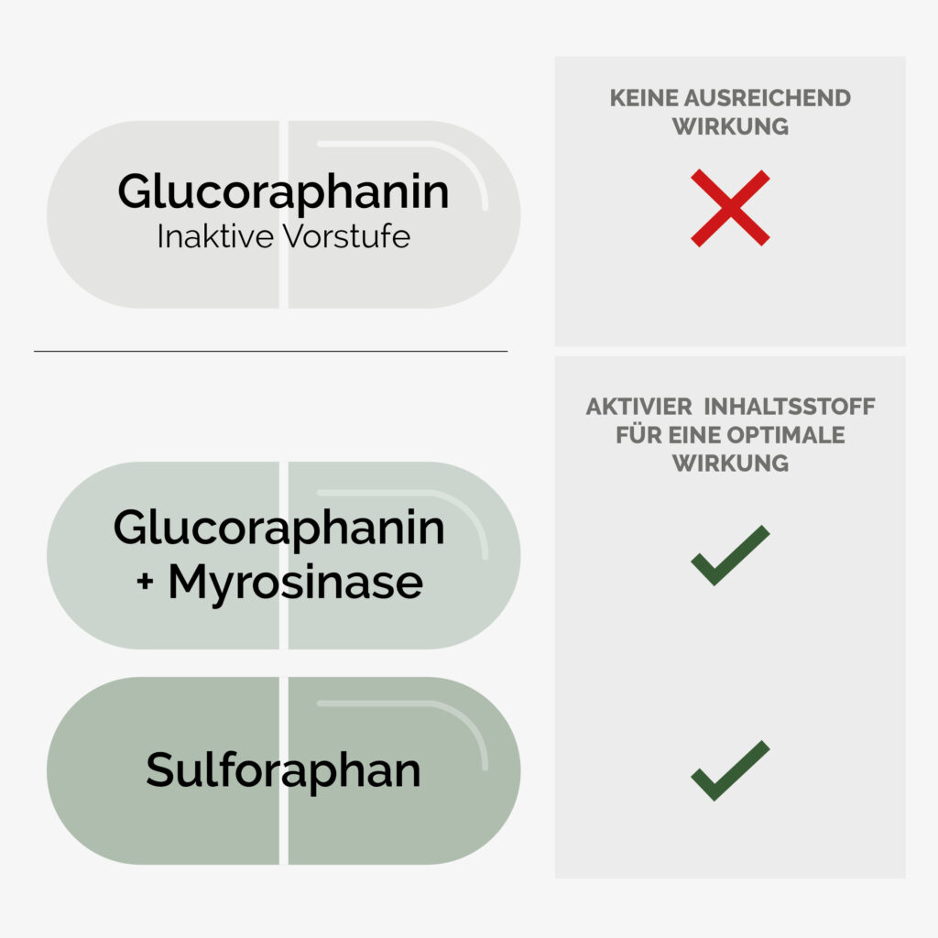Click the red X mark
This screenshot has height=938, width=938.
tap(730, 208)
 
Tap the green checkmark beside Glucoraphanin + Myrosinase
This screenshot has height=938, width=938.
tap(730, 555)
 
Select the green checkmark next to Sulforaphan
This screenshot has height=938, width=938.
tap(730, 770)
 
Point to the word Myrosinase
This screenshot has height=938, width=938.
tap(296, 583)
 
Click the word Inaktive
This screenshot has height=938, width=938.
tap(215, 236)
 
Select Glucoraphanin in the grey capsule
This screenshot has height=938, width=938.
tap(283, 192)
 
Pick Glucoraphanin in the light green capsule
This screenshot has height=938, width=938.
tap(278, 529)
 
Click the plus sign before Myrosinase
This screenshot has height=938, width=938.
tap(145, 580)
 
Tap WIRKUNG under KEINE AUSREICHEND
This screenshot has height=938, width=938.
tap(730, 126)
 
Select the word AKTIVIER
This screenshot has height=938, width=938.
tap(638, 407)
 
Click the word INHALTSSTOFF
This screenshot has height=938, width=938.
tap(789, 407)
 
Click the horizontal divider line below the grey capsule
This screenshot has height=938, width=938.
tap(271, 351)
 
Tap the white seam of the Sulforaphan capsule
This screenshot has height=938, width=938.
tap(284, 770)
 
